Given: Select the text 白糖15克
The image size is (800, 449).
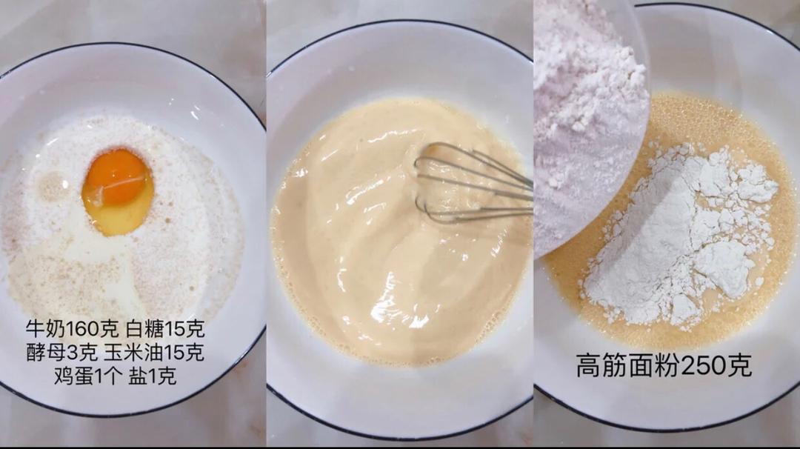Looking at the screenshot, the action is [165, 329].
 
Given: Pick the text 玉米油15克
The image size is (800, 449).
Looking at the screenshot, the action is [153, 352].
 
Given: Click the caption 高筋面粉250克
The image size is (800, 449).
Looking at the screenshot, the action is [664, 365].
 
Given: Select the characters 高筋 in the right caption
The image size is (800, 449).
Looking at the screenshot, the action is [602, 366].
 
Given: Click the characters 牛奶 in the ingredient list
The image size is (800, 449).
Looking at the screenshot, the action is [47, 329].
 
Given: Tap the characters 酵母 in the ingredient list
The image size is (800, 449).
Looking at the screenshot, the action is [47, 352].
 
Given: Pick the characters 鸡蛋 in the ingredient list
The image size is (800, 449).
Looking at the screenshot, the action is [74, 376].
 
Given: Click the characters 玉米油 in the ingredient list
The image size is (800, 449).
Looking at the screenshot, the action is [133, 352].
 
